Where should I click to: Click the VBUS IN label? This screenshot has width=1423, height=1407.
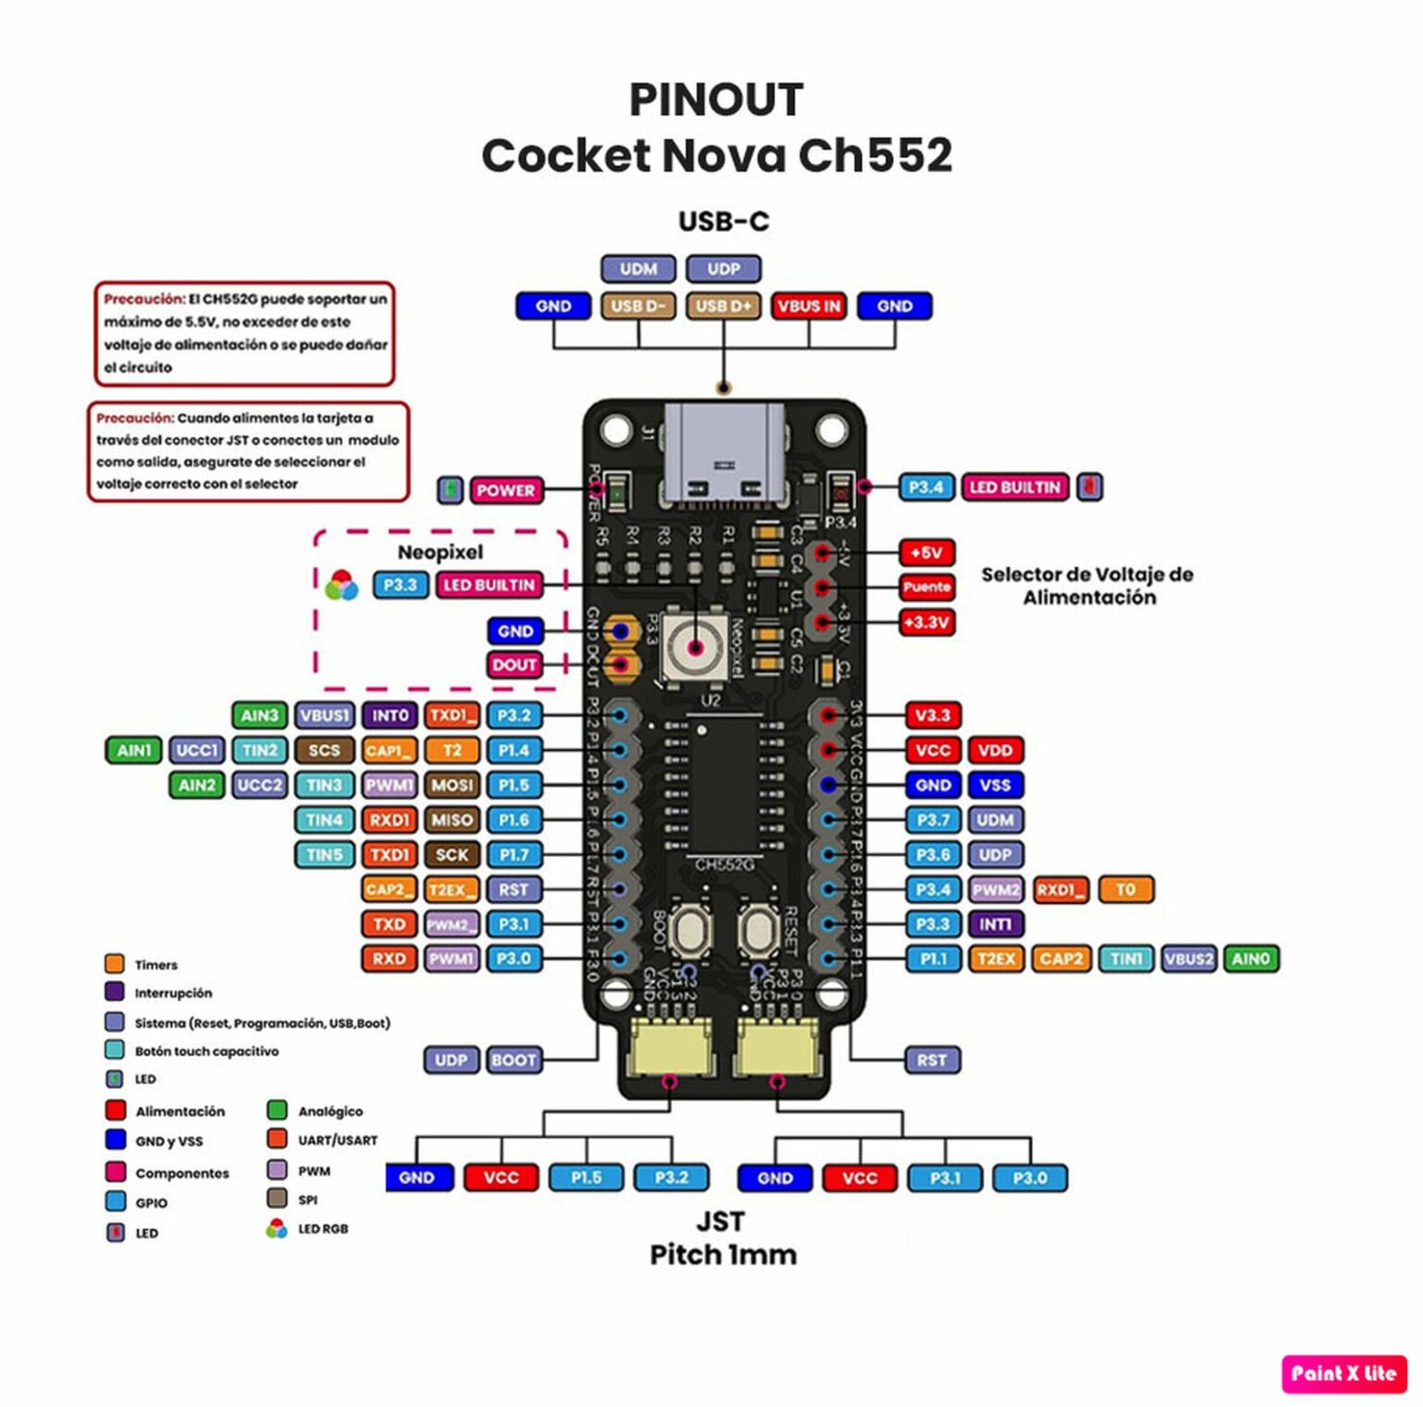pyautogui.click(x=808, y=306)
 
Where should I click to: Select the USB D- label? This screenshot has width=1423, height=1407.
pyautogui.click(x=637, y=306)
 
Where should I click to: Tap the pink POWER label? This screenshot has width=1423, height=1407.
pyautogui.click(x=505, y=490)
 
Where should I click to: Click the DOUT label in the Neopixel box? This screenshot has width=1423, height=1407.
pyautogui.click(x=514, y=665)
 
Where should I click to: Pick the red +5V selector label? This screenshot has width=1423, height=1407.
pyautogui.click(x=926, y=553)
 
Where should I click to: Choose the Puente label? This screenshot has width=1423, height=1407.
pyautogui.click(x=926, y=587)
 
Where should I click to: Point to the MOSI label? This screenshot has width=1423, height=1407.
pyautogui.click(x=452, y=785)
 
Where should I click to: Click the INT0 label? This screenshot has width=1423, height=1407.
pyautogui.click(x=390, y=716)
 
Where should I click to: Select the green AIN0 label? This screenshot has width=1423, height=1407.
pyautogui.click(x=1251, y=959)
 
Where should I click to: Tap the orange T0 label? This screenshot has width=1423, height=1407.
pyautogui.click(x=1126, y=889)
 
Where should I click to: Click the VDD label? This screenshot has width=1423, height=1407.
pyautogui.click(x=995, y=750)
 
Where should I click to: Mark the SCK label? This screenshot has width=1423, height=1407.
pyautogui.click(x=452, y=855)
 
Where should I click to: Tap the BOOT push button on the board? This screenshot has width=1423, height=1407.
pyautogui.click(x=689, y=929)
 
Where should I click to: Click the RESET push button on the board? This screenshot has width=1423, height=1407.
pyautogui.click(x=759, y=929)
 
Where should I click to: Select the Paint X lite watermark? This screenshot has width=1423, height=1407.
pyautogui.click(x=1343, y=1374)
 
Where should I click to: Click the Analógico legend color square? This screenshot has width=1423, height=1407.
pyautogui.click(x=276, y=1110)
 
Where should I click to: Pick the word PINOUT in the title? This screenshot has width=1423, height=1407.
pyautogui.click(x=716, y=100)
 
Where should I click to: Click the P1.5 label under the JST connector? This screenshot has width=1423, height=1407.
pyautogui.click(x=586, y=1177)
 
